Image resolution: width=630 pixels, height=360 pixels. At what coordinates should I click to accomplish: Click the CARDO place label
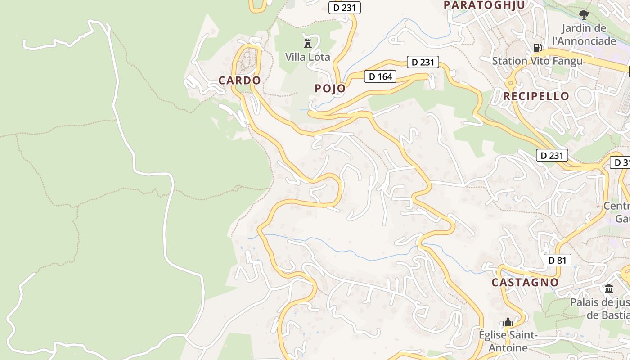pyautogui.click(x=239, y=81)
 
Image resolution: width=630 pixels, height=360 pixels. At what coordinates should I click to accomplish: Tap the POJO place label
pyautogui.click(x=330, y=88)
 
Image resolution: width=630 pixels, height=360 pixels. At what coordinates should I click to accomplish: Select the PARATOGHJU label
pyautogui.click(x=485, y=5)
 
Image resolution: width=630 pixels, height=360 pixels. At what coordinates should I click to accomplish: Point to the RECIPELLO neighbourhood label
pyautogui.click(x=536, y=96)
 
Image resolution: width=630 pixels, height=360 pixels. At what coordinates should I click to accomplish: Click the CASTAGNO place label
pyautogui.click(x=525, y=283)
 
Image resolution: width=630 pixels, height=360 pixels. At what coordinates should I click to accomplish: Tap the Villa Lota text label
pyautogui.click(x=308, y=57)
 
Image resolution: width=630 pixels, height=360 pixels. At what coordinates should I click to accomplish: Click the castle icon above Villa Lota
pyautogui.click(x=308, y=43)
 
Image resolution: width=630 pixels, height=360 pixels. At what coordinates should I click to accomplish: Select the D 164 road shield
pyautogui.click(x=381, y=76)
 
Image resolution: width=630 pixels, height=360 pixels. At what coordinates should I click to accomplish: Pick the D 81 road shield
pyautogui.click(x=557, y=260)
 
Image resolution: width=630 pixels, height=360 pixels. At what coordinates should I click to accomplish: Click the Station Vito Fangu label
pyautogui.click(x=537, y=61)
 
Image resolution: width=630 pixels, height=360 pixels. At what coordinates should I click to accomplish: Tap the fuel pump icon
pyautogui.click(x=537, y=47)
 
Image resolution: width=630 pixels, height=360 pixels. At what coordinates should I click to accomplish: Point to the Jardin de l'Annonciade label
pyautogui.click(x=584, y=35)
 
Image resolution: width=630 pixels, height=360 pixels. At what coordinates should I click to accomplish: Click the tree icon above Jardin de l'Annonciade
pyautogui.click(x=584, y=15)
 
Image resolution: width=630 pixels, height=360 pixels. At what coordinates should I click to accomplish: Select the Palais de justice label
pyautogui.click(x=600, y=308)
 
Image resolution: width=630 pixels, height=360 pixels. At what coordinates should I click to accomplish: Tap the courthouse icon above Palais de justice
pyautogui.click(x=609, y=288)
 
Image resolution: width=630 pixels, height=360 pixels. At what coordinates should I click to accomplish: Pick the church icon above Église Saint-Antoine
pyautogui.click(x=508, y=322)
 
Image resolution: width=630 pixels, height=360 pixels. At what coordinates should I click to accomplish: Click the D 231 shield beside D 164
pyautogui.click(x=423, y=62)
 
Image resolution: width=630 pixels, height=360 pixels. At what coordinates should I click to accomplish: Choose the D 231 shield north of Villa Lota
pyautogui.click(x=345, y=7)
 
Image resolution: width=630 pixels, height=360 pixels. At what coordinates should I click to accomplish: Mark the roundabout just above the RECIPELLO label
pyautogui.click(x=511, y=83)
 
